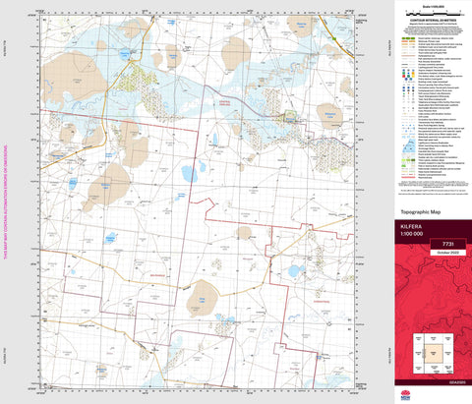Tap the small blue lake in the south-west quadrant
(x=111, y=238)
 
